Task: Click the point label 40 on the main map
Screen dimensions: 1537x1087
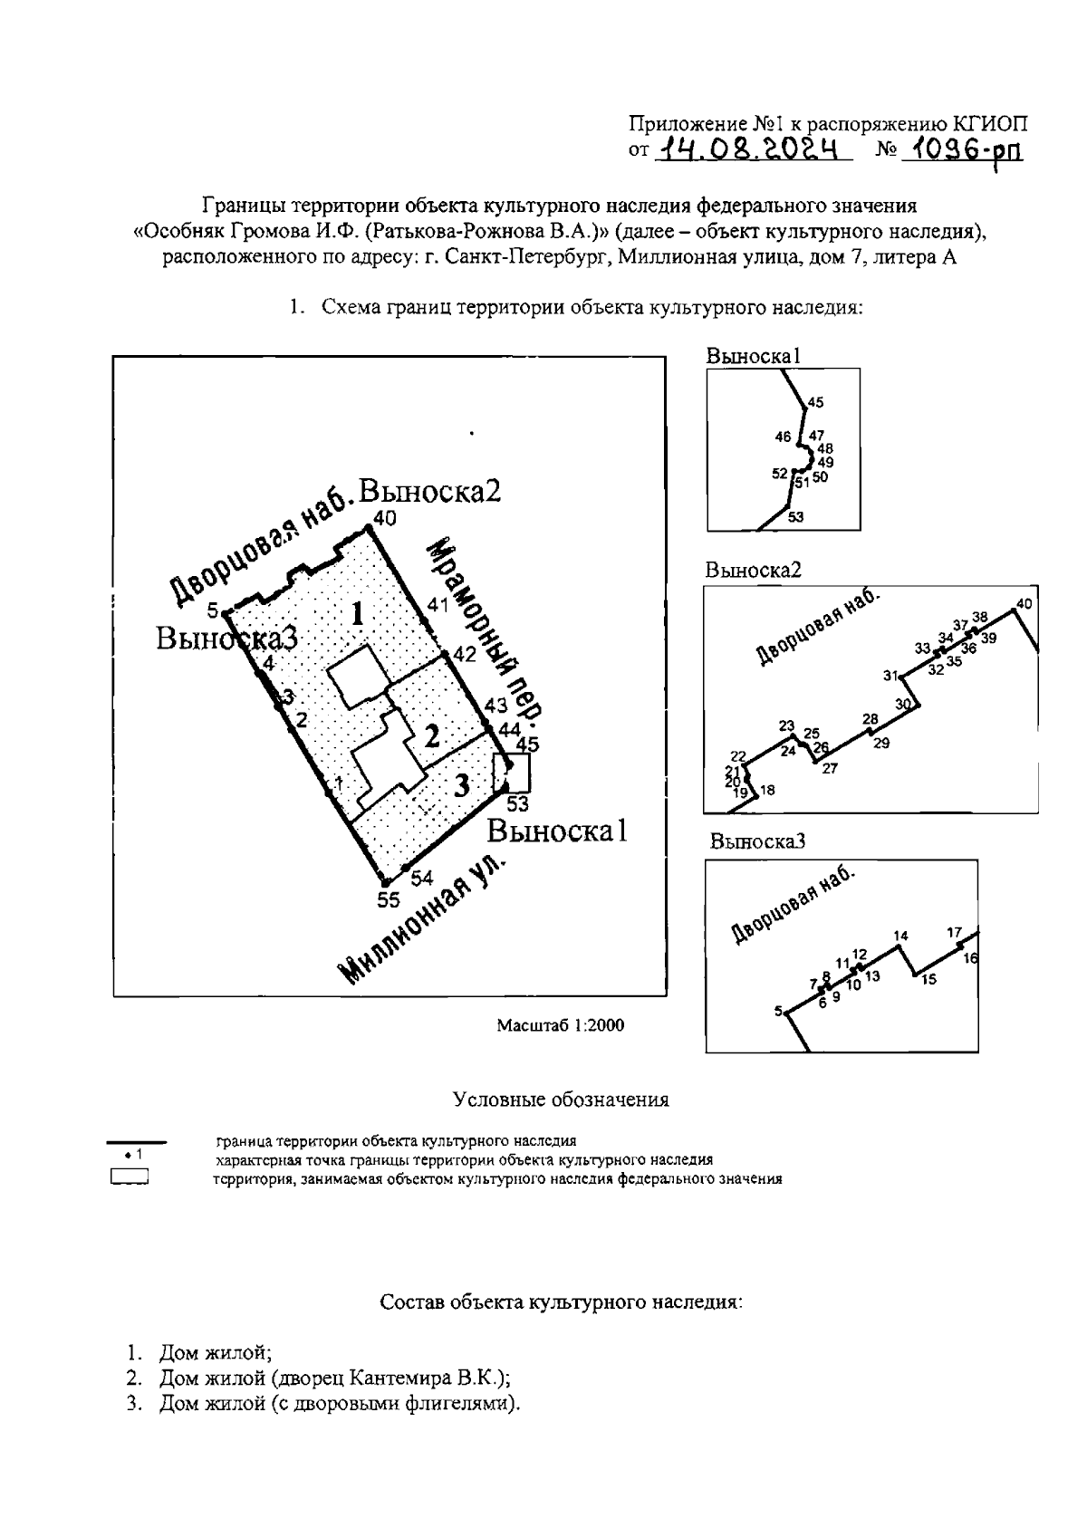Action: [x=385, y=519]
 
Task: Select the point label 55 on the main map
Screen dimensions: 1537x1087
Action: [x=389, y=899]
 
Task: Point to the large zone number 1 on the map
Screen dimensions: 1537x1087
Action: [x=358, y=615]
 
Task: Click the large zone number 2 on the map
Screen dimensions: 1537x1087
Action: [x=432, y=735]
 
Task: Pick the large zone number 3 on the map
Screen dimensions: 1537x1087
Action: [x=462, y=784]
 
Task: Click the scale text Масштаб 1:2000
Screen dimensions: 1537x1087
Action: [x=561, y=1025]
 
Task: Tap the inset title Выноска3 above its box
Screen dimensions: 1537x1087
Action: [x=757, y=841]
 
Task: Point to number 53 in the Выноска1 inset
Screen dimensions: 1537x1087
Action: [x=795, y=517]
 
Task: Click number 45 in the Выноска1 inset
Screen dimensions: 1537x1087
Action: [x=815, y=402]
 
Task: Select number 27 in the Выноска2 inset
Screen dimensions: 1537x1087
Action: [x=830, y=768]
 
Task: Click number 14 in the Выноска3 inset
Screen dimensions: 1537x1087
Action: [x=900, y=936]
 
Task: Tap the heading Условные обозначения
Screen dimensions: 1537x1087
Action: [x=561, y=1100]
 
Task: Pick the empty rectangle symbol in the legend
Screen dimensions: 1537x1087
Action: [x=129, y=1178]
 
